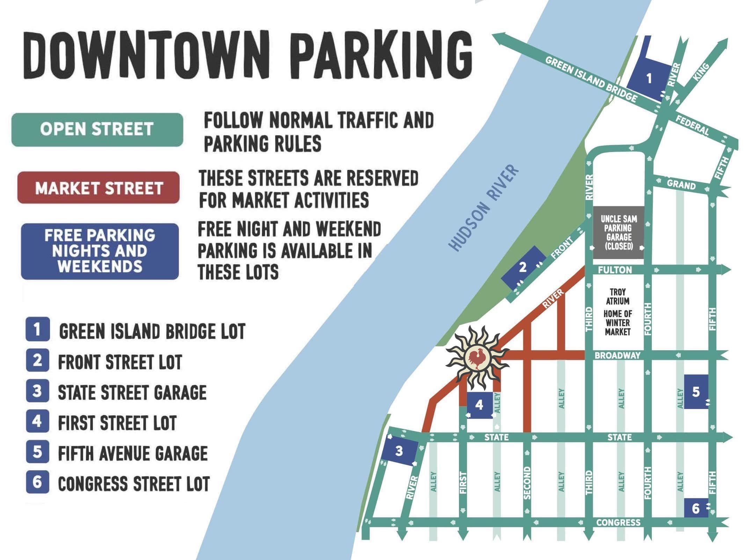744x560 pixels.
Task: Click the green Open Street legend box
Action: pyautogui.click(x=97, y=129)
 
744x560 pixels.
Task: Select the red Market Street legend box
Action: pyautogui.click(x=99, y=188)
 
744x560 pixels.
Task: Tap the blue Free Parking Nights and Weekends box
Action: pyautogui.click(x=100, y=251)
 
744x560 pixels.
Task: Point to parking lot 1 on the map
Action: pyautogui.click(x=649, y=79)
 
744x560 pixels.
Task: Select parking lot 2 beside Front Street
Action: pyautogui.click(x=522, y=267)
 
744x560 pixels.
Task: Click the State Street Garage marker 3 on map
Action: pyautogui.click(x=399, y=451)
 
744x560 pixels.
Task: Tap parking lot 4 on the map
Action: pyautogui.click(x=480, y=405)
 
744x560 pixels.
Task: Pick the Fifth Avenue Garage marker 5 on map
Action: pyautogui.click(x=695, y=392)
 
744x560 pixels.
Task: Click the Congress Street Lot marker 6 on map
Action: pyautogui.click(x=695, y=508)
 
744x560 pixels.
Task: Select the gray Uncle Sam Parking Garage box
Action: pyautogui.click(x=618, y=233)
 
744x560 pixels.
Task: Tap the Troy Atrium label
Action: pyautogui.click(x=618, y=296)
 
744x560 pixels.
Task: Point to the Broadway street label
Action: pyautogui.click(x=618, y=356)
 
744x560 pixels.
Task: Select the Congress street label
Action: pyautogui.click(x=618, y=523)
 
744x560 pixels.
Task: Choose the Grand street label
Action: pyautogui.click(x=681, y=184)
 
